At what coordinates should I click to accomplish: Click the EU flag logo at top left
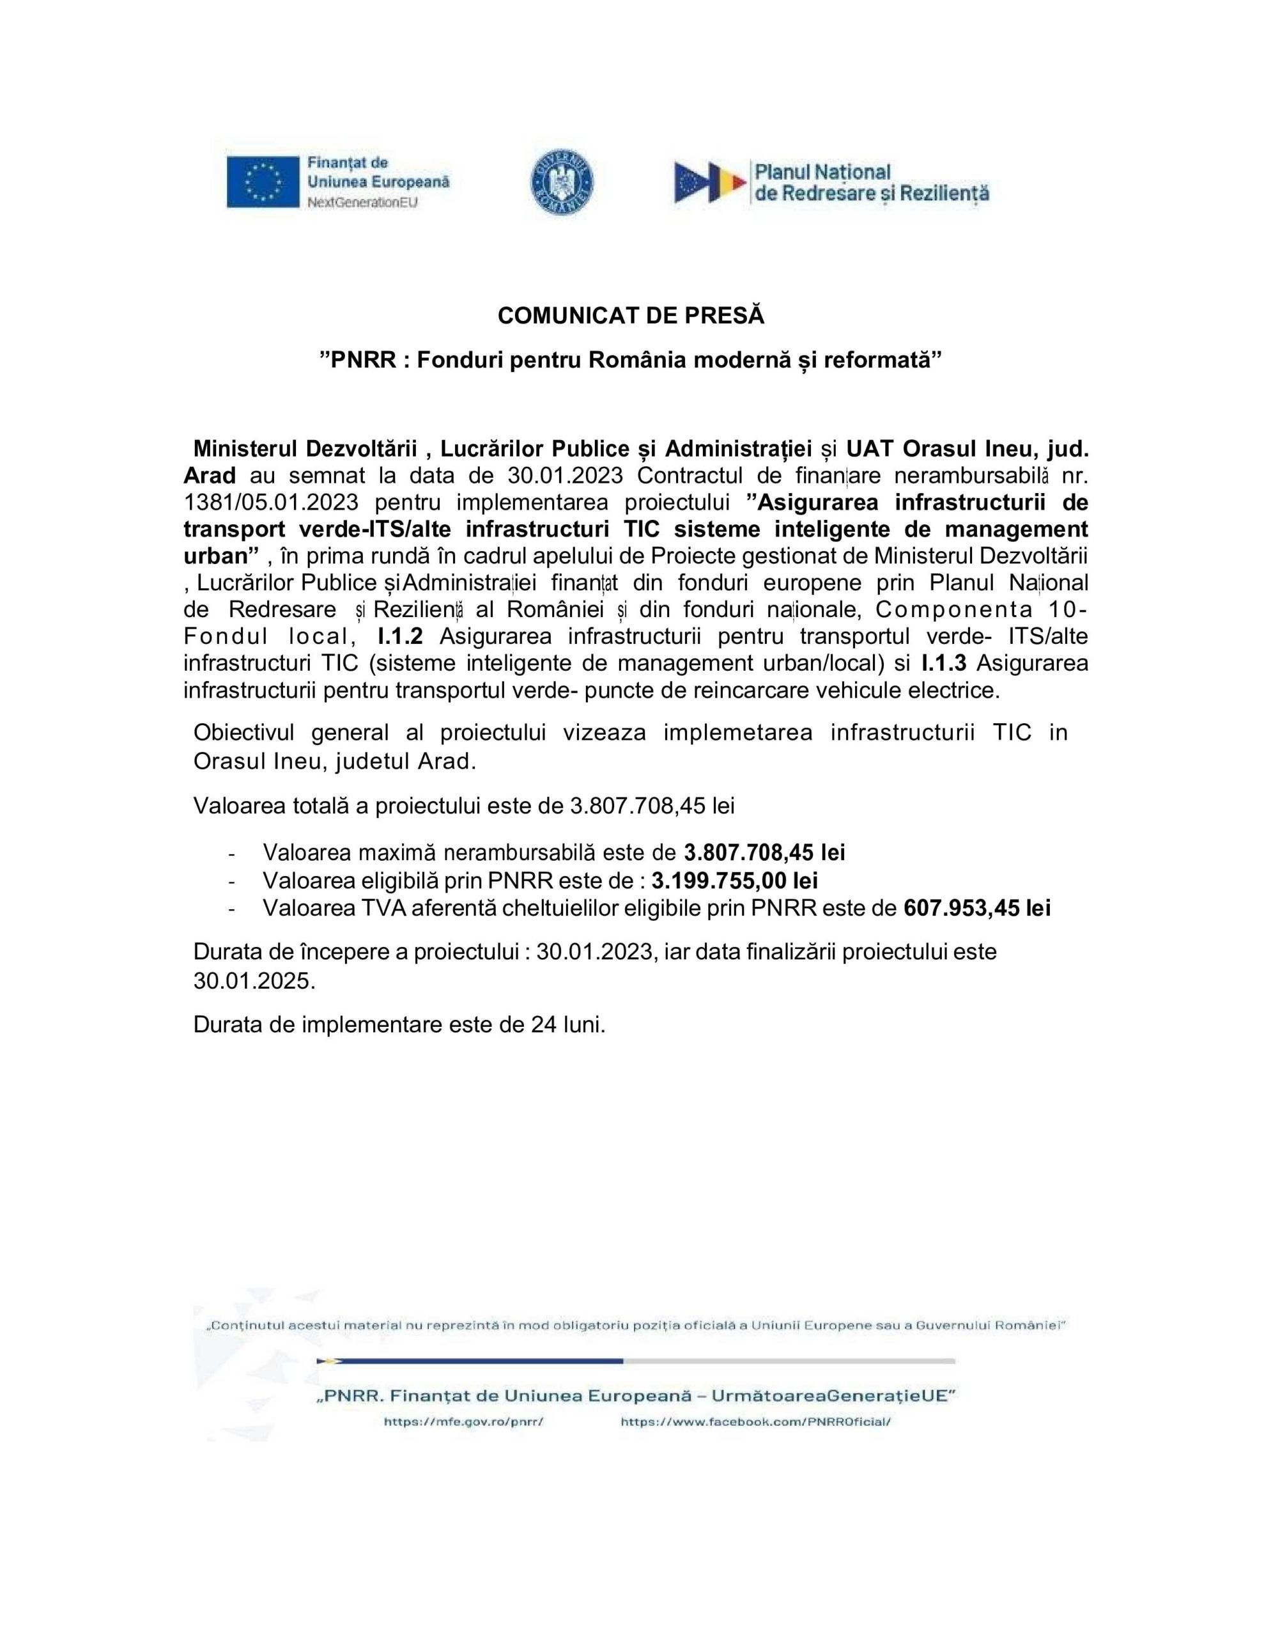pos(263,182)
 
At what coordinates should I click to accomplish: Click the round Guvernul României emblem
pos(561,183)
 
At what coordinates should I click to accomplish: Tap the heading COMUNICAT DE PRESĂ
pos(631,317)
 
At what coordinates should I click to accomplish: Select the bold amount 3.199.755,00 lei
pos(734,880)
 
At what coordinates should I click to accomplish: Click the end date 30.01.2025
pos(254,980)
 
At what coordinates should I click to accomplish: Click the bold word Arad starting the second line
pos(210,475)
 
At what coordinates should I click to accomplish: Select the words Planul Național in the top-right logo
pos(822,173)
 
